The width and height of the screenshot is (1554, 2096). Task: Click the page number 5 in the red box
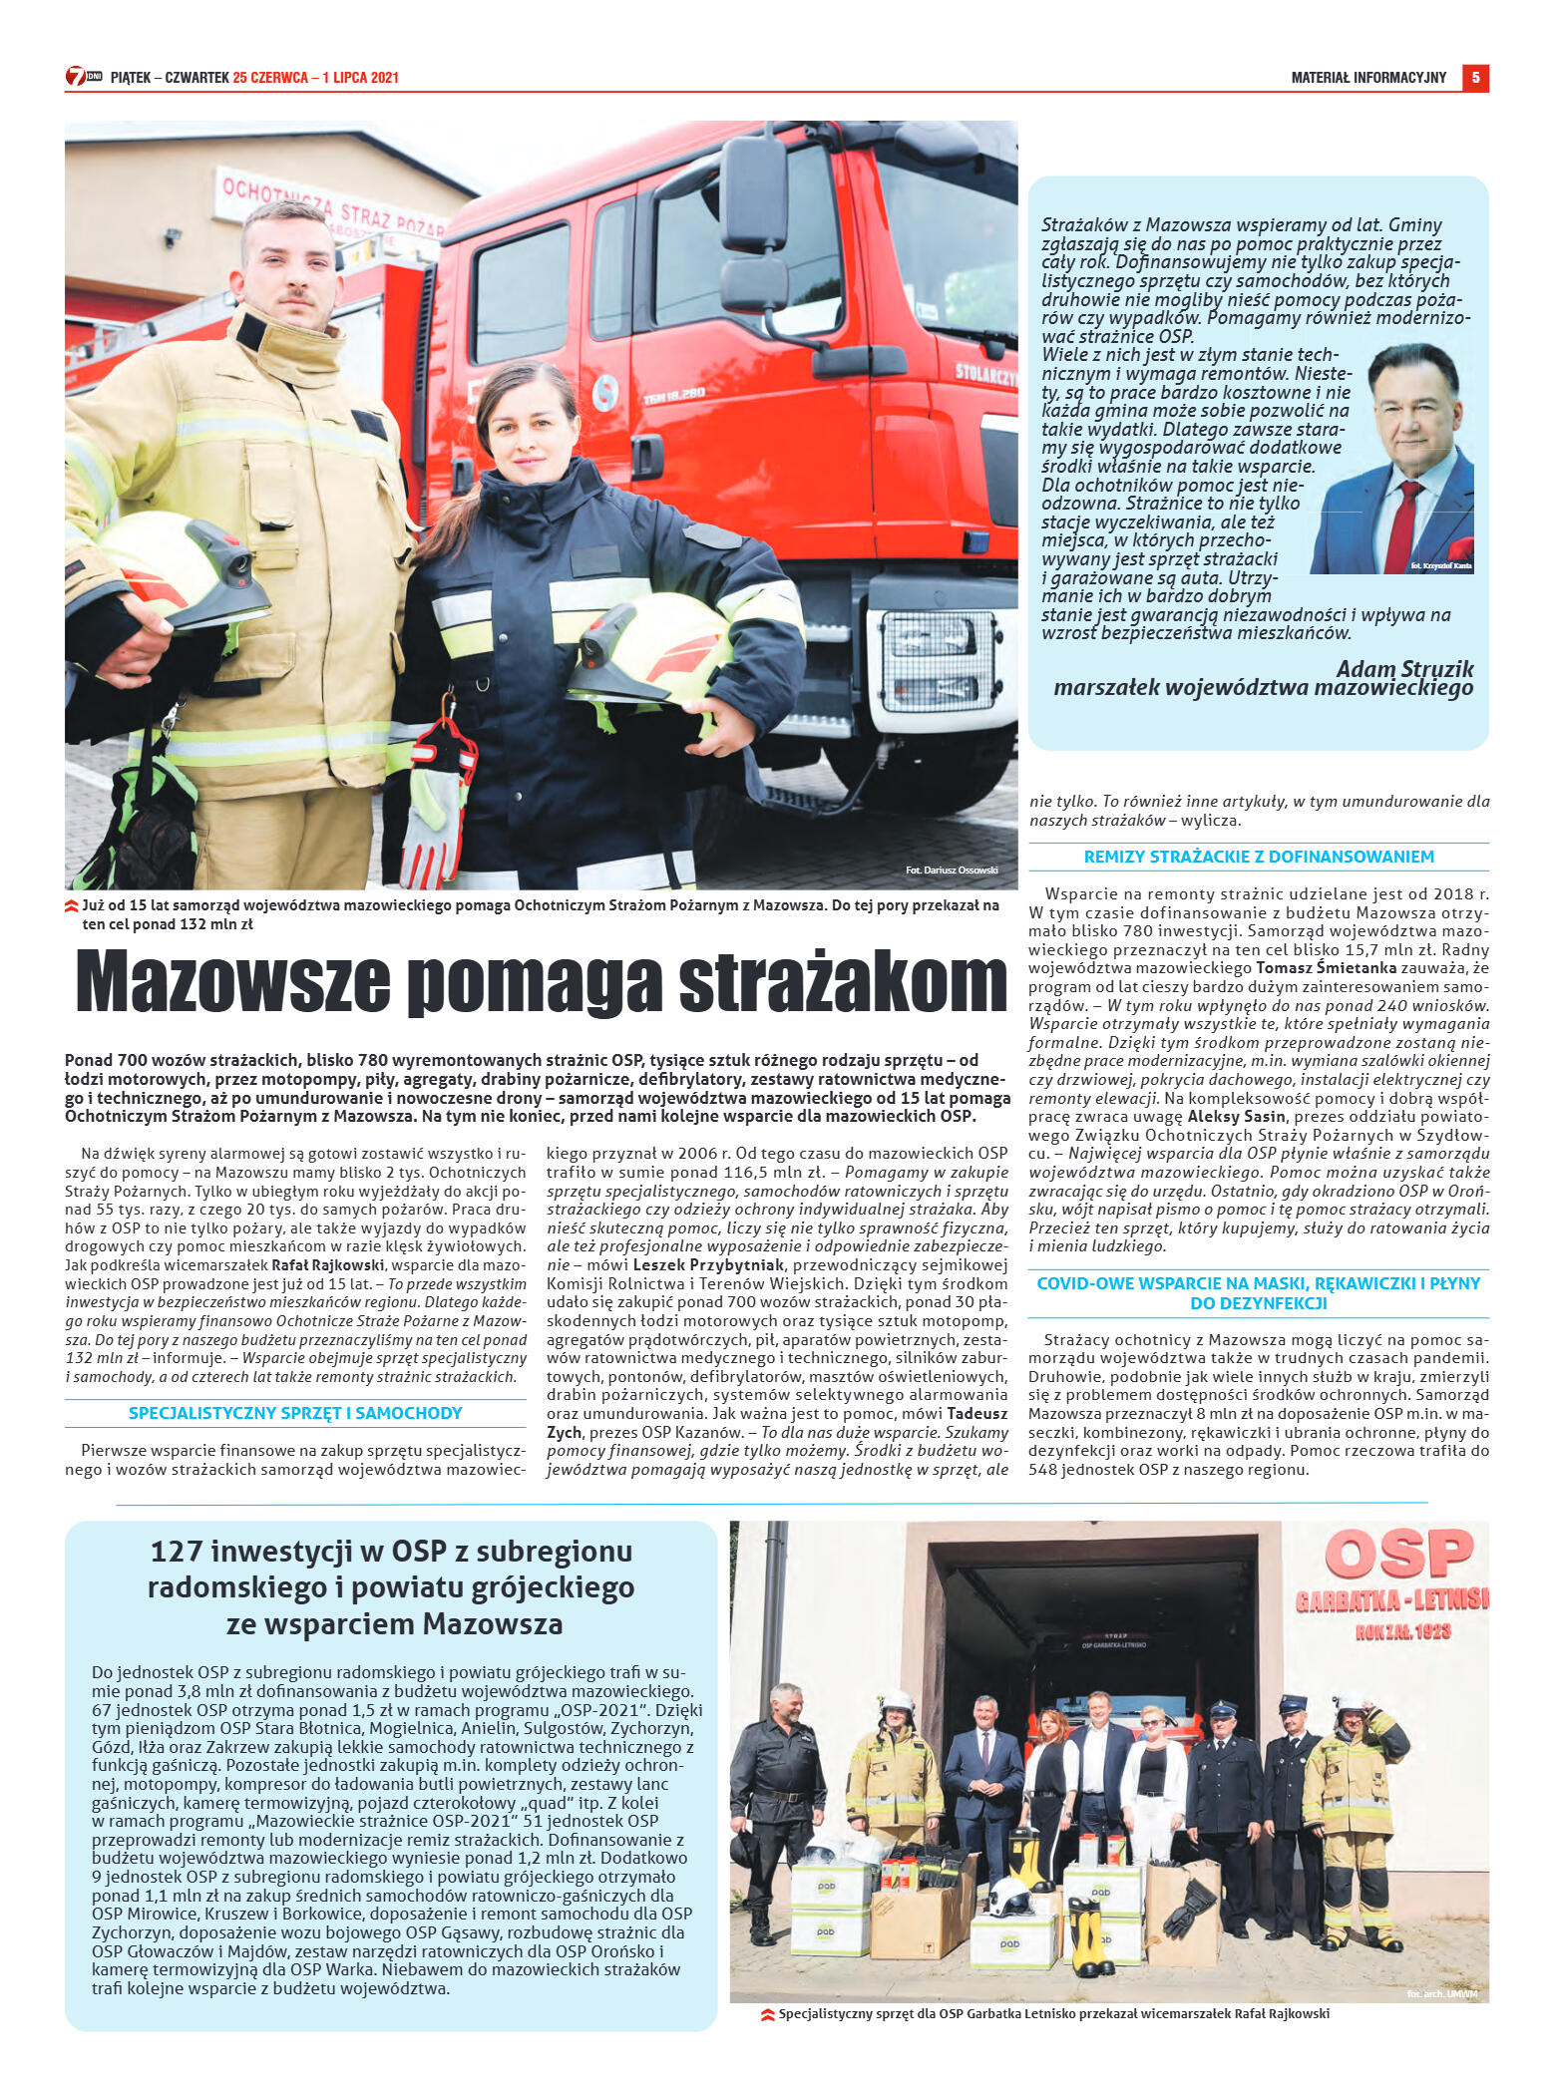pos(1474,78)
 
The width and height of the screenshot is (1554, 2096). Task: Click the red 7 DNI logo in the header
pos(82,77)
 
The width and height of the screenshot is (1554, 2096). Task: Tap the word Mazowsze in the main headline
pos(232,982)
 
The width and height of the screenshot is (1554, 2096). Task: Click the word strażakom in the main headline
pos(843,982)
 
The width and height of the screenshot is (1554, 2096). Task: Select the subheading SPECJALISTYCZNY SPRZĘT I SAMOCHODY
pos(295,1413)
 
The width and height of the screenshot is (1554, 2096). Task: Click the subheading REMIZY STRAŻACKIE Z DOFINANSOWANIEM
pos(1259,857)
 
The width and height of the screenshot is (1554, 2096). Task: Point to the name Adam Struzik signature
pos(1403,669)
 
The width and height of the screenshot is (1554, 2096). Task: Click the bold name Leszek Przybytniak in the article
pos(708,1265)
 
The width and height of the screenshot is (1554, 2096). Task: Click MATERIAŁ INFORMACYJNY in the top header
pos(1367,78)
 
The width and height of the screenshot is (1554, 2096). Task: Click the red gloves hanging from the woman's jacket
pos(437,798)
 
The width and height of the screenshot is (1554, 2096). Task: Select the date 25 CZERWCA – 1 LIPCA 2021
pos(315,78)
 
